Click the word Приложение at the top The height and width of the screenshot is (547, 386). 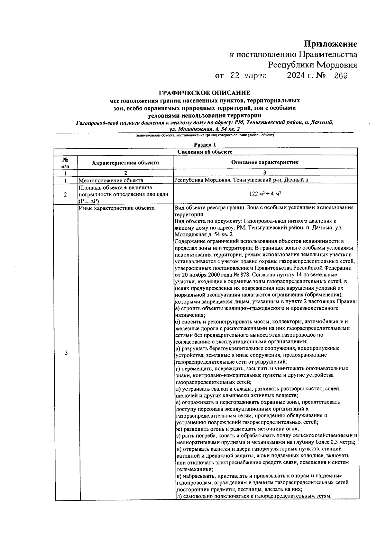(x=331, y=44)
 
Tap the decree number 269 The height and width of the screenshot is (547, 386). (x=341, y=76)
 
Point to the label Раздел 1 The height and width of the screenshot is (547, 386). (x=205, y=145)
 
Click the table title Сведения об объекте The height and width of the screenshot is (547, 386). (x=205, y=152)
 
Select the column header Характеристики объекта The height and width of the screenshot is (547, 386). (x=125, y=163)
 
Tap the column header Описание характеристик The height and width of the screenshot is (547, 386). (x=265, y=162)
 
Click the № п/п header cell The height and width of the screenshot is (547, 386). (x=65, y=163)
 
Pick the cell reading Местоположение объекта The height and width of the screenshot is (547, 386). (x=111, y=180)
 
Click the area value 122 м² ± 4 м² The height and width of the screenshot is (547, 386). (x=265, y=194)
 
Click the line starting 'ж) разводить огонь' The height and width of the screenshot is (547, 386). (x=237, y=429)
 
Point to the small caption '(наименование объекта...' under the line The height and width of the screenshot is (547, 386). (x=205, y=135)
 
